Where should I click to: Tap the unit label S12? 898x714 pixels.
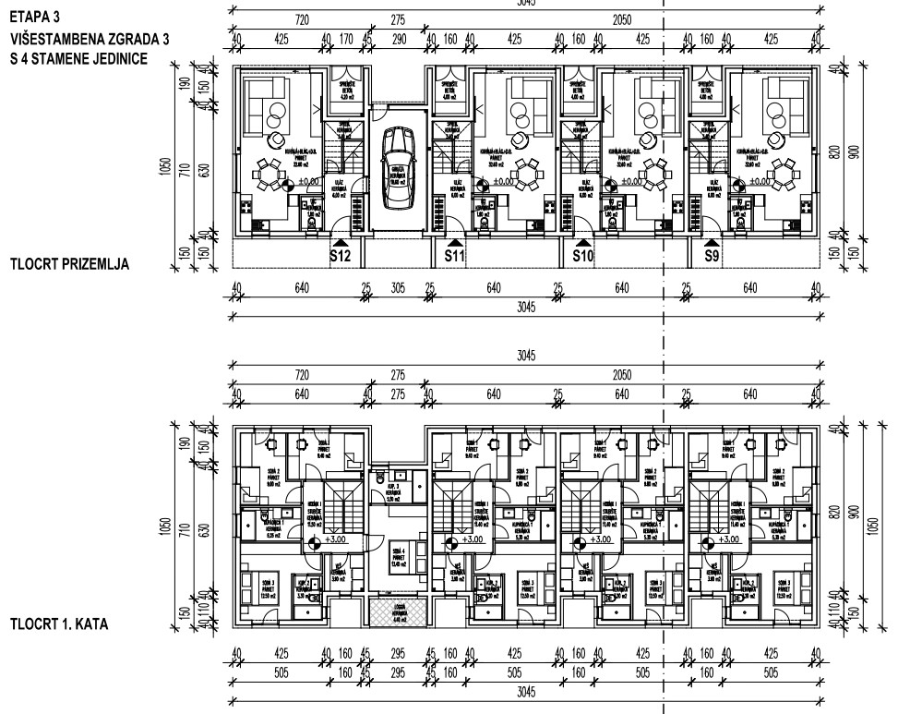pyautogui.click(x=339, y=256)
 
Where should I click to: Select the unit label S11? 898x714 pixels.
pyautogui.click(x=454, y=256)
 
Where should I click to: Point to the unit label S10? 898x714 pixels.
pyautogui.click(x=581, y=256)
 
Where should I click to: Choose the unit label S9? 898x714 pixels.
pyautogui.click(x=712, y=256)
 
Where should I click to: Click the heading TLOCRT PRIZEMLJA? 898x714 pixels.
pyautogui.click(x=68, y=264)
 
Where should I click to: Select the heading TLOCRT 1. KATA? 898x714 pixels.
pyautogui.click(x=59, y=624)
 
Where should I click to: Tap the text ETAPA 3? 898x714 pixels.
pyautogui.click(x=30, y=16)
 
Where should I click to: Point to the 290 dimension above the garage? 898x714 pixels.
pyautogui.click(x=399, y=40)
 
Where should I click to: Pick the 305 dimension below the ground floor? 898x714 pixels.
pyautogui.click(x=399, y=288)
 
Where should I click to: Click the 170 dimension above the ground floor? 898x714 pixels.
pyautogui.click(x=346, y=40)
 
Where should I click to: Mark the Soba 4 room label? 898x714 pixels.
pyautogui.click(x=398, y=548)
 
